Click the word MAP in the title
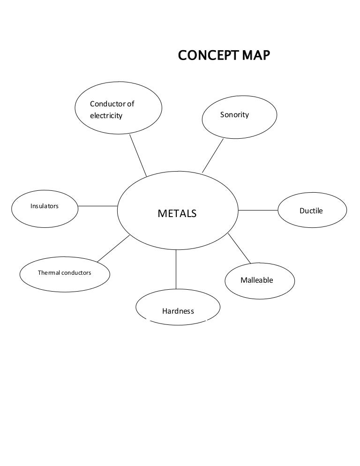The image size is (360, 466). coord(255,56)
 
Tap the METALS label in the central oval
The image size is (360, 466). coord(177,214)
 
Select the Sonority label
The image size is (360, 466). coord(234,115)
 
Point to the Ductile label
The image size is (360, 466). coord(311,211)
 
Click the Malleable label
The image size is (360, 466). coord(256,280)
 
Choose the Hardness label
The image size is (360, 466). coord(178,310)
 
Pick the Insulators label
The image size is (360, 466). coord(45,206)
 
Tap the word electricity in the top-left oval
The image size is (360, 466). coord(106,115)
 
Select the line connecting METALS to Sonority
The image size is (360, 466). coord(213,155)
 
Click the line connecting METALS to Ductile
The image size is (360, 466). coord(258,210)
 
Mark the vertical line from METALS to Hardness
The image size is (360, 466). coord(176,269)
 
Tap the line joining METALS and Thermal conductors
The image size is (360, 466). coord(113,248)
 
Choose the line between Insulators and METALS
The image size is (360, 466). coord(97,206)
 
